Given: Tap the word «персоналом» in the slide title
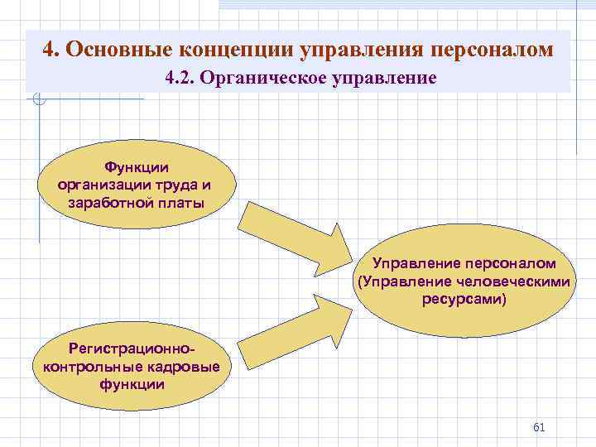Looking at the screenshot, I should pos(491,49).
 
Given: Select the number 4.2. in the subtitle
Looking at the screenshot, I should pos(180,79).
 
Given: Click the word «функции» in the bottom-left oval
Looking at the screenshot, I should pos(132,385).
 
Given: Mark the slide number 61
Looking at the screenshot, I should pos(539,427).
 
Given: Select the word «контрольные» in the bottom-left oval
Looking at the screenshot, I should pos(91,367).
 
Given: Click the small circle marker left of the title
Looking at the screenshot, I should pos(39,100).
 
